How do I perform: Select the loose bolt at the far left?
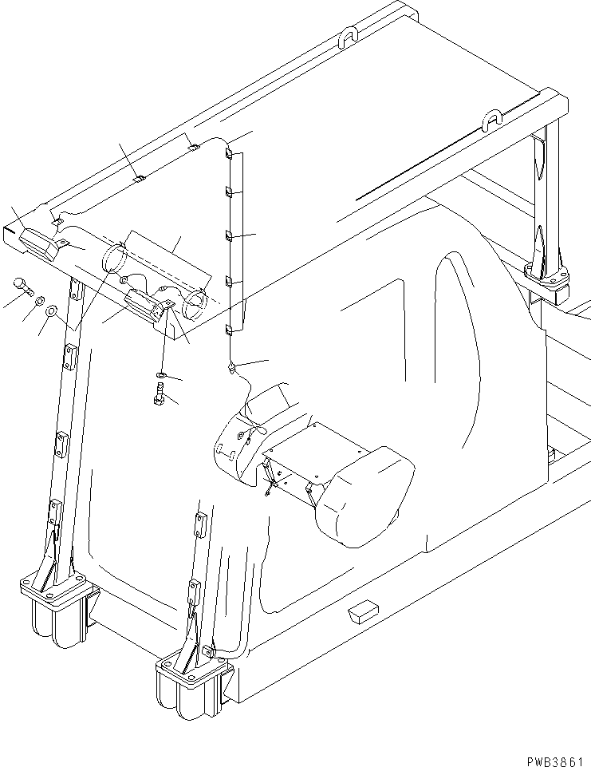point(22,286)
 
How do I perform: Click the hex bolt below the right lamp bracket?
point(159,393)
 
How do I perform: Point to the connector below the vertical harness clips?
point(231,367)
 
